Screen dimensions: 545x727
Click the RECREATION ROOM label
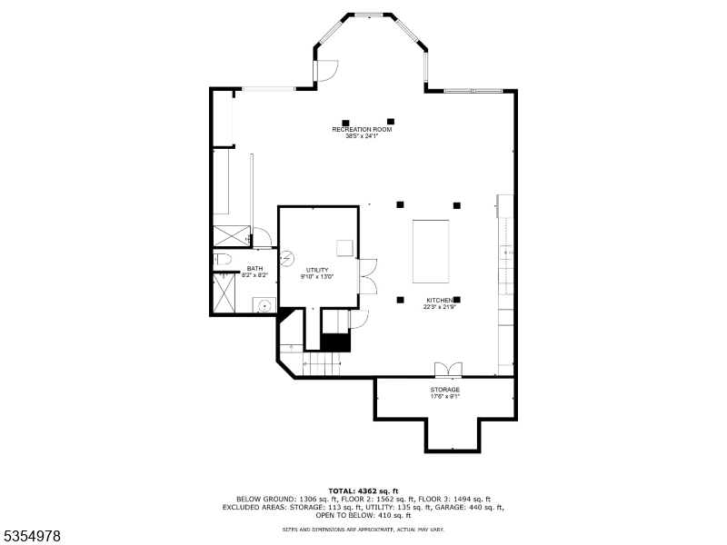tap(362, 130)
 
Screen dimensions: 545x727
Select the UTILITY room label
tap(317, 270)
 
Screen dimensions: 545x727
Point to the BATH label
tap(254, 268)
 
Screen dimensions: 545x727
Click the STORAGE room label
tap(445, 390)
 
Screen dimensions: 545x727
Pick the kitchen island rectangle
tap(431, 252)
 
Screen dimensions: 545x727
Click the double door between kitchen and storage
tap(448, 369)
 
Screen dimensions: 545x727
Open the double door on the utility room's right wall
tap(368, 275)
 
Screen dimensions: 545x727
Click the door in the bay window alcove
tap(325, 69)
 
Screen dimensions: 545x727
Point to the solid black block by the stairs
tap(335, 342)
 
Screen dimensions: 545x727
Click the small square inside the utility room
tap(344, 247)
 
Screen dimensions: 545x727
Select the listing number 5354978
tap(32, 537)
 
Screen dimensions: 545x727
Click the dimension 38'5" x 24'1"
tap(362, 137)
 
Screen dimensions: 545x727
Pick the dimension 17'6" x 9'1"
tap(445, 397)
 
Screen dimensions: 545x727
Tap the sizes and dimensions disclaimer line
tap(363, 529)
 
